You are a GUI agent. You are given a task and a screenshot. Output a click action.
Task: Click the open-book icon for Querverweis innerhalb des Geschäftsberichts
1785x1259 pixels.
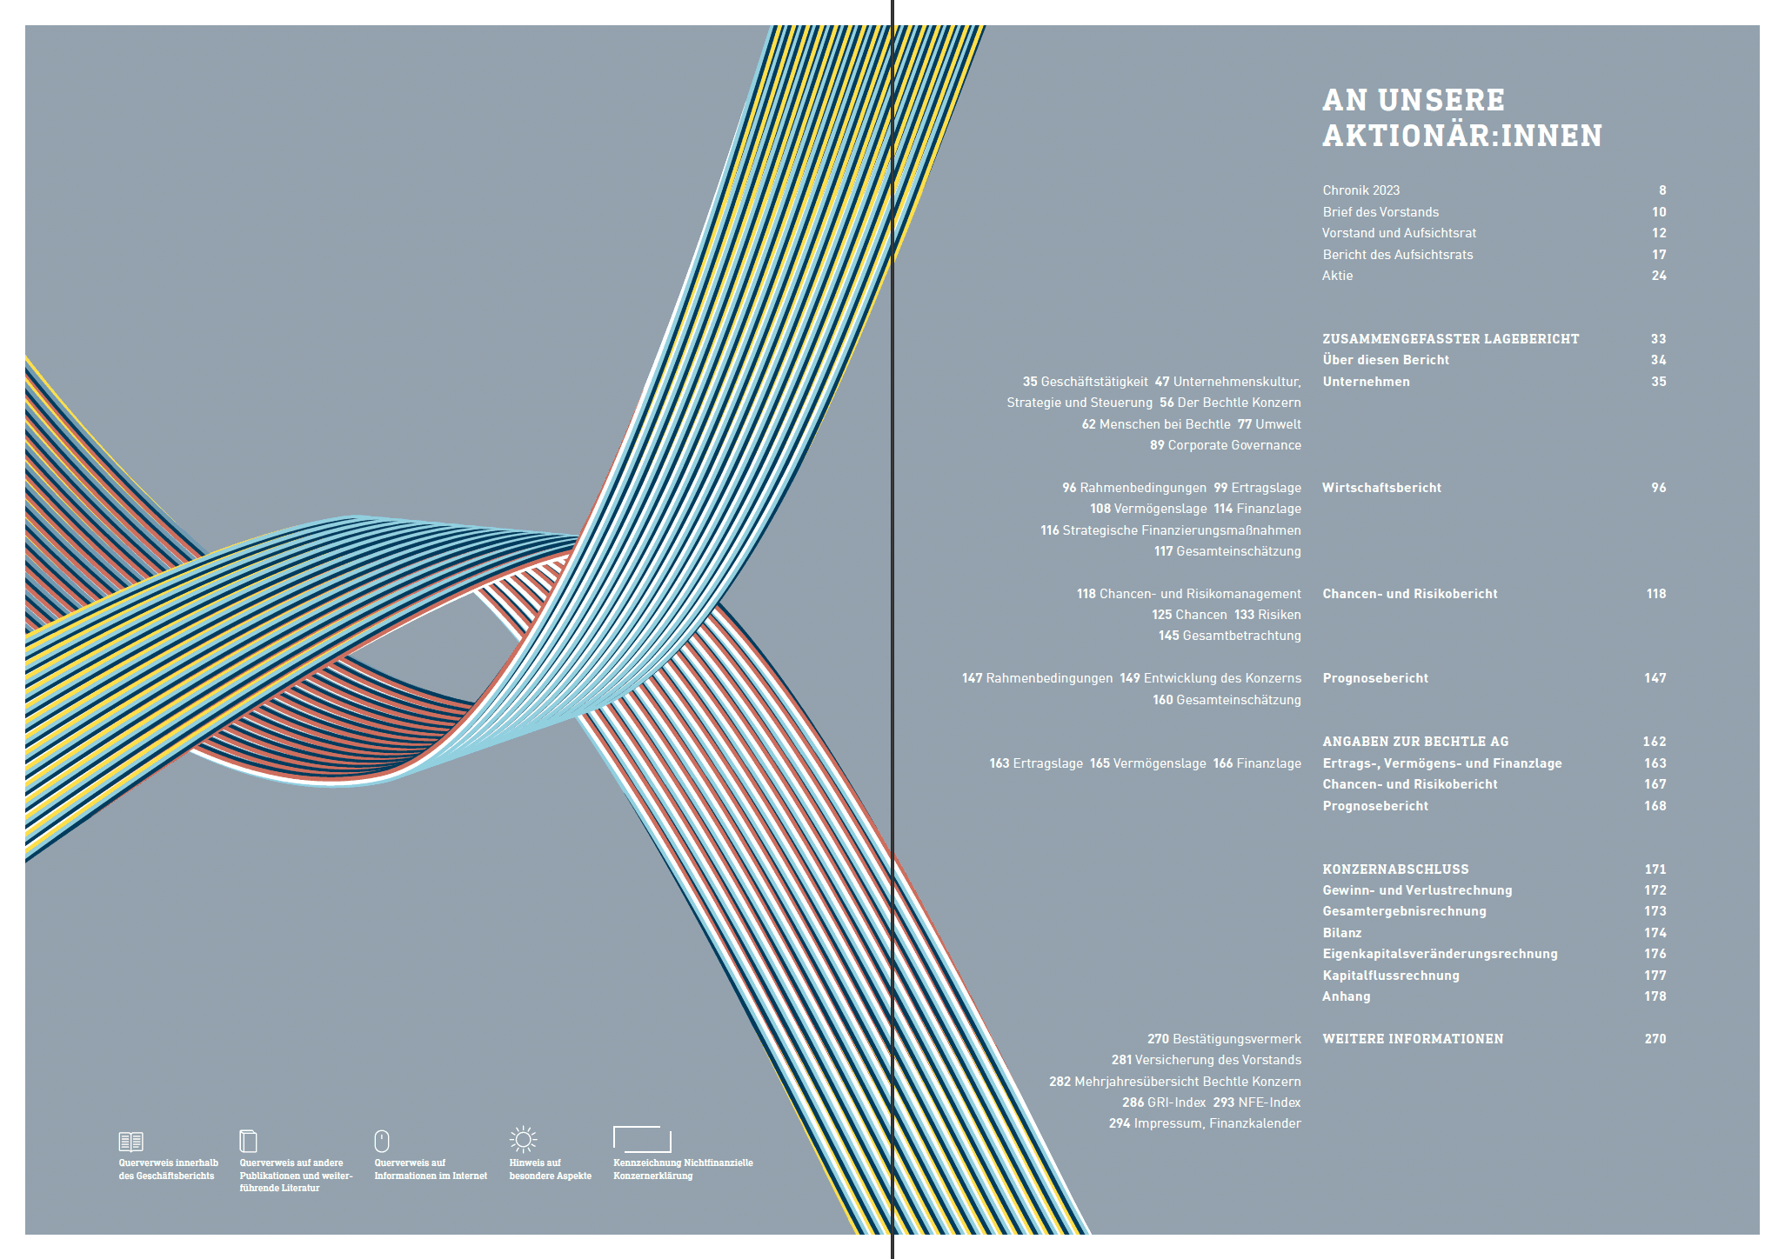pos(130,1141)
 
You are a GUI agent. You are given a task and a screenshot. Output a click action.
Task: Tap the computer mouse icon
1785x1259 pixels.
pos(381,1141)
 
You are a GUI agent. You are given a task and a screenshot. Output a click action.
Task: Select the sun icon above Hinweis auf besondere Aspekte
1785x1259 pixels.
pos(523,1139)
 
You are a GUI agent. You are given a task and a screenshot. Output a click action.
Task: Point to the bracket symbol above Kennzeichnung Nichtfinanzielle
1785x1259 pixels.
pos(642,1139)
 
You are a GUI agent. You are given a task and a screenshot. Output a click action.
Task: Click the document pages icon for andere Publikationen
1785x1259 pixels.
pos(248,1140)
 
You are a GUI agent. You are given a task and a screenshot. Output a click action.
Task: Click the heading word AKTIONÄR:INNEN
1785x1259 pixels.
pos(1461,136)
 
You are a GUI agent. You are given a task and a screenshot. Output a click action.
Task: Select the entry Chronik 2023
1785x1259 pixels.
pos(1360,190)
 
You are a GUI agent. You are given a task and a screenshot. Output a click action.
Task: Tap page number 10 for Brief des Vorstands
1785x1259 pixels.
pos(1658,212)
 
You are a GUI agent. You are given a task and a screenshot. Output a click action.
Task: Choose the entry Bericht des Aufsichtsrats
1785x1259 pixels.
pos(1397,255)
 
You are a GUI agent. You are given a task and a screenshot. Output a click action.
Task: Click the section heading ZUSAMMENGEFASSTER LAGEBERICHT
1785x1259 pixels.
pos(1450,339)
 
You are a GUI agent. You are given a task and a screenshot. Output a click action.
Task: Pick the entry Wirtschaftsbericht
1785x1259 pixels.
pos(1381,488)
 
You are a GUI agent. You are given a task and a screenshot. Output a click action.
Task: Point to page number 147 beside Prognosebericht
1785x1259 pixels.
pos(1655,678)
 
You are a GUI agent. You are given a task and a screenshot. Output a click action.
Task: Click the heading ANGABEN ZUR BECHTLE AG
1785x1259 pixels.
pos(1415,742)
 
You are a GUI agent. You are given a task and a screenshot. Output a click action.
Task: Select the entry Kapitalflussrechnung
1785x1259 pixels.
pos(1390,976)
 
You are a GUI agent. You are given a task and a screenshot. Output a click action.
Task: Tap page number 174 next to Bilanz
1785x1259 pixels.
pos(1655,933)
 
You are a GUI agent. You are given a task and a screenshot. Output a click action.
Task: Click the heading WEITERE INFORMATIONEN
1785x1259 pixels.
pos(1413,1039)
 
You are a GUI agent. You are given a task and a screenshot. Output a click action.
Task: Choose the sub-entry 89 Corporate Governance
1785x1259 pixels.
pos(1225,445)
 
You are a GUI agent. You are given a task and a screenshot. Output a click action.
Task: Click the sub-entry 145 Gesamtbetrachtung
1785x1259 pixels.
pos(1229,636)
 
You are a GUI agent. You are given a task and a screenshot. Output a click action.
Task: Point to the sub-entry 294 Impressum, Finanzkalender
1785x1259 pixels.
pos(1205,1123)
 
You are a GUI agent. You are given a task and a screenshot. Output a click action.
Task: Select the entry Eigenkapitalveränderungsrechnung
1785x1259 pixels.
pos(1440,954)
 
